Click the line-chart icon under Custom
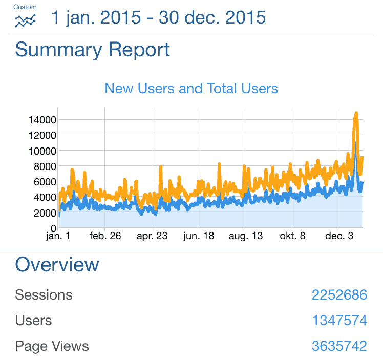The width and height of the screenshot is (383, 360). [x=25, y=21]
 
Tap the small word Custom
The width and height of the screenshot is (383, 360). [x=25, y=7]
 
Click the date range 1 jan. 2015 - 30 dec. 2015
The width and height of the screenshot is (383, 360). [x=158, y=18]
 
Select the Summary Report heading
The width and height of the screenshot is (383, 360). [x=92, y=50]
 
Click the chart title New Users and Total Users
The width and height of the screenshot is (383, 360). [x=191, y=89]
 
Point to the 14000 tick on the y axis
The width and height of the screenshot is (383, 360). [x=42, y=120]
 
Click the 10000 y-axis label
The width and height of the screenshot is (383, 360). [x=42, y=151]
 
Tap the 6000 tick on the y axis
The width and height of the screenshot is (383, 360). [x=44, y=181]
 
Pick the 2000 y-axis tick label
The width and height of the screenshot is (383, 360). [x=44, y=212]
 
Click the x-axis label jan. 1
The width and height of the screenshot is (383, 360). [x=58, y=237]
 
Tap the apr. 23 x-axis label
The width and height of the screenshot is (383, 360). [x=152, y=237]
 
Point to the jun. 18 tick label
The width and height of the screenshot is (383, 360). [x=199, y=237]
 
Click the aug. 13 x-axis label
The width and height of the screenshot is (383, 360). [x=245, y=237]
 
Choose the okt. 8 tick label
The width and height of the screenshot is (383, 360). [x=292, y=237]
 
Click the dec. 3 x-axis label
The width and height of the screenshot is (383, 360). [x=339, y=237]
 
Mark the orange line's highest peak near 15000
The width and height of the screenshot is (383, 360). [x=356, y=113]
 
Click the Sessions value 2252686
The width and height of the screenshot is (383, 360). [x=339, y=295]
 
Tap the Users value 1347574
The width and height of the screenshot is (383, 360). [x=339, y=321]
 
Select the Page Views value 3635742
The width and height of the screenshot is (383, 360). [x=339, y=346]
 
